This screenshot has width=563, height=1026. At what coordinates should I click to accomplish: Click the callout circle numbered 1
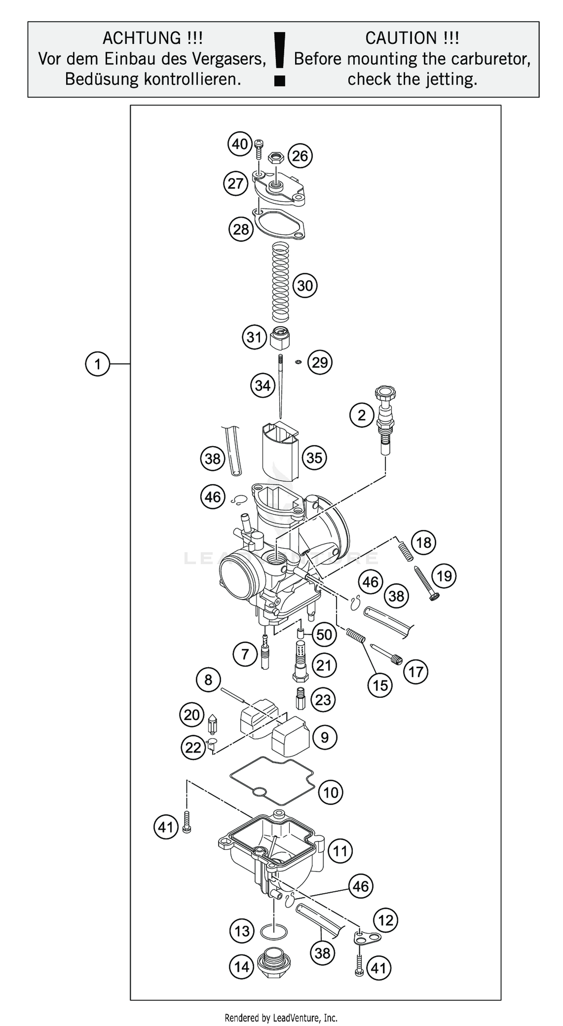tap(97, 364)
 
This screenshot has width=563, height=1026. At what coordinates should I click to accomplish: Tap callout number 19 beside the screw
tap(444, 576)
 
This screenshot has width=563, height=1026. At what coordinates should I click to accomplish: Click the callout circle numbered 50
tap(324, 634)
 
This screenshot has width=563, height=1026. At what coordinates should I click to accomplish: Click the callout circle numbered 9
tap(325, 737)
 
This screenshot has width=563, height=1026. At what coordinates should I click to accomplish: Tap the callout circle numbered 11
tap(340, 851)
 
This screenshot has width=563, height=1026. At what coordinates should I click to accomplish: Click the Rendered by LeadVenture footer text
tap(281, 1018)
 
